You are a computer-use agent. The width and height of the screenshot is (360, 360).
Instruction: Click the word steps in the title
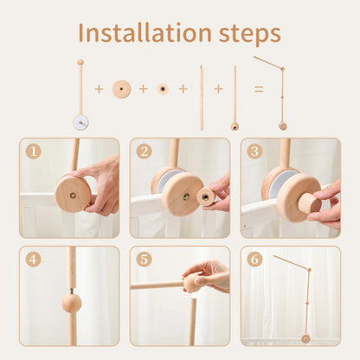(x=245, y=34)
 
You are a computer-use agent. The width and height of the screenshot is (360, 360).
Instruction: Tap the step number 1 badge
(x=33, y=151)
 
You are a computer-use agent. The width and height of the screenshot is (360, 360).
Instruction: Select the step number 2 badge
(x=144, y=151)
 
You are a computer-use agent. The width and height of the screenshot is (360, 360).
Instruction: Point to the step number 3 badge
(x=254, y=151)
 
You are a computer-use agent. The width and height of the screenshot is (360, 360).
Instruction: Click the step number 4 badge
(x=33, y=259)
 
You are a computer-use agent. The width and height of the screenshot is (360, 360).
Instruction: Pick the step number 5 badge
(x=144, y=259)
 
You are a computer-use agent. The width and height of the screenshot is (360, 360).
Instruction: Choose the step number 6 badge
(x=254, y=259)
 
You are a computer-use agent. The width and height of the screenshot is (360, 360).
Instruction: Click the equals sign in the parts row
(x=258, y=89)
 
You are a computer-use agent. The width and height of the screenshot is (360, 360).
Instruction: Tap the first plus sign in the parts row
(x=99, y=89)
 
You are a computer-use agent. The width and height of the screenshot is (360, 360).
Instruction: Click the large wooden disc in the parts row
(x=122, y=89)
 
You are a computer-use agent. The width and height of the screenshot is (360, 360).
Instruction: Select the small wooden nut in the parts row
(x=163, y=89)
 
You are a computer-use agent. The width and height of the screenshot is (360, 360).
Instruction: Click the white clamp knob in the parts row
(x=80, y=122)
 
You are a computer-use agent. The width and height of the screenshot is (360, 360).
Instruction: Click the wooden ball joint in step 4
(x=71, y=303)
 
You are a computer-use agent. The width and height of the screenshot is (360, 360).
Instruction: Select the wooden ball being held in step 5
(x=190, y=283)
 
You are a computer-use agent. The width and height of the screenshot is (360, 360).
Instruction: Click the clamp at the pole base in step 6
(x=305, y=338)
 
